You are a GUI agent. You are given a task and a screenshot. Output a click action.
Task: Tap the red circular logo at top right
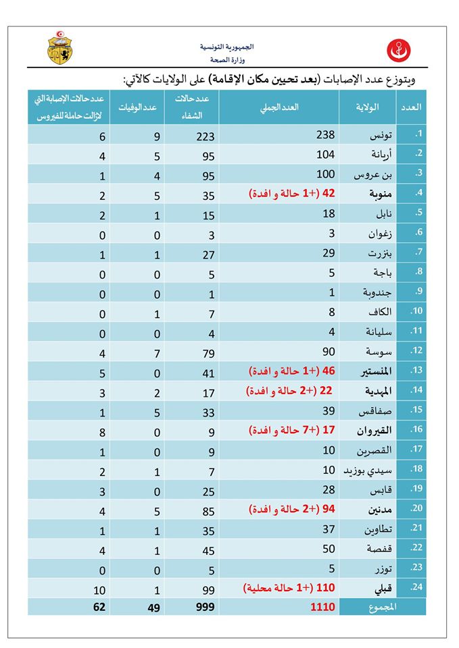[x=397, y=50]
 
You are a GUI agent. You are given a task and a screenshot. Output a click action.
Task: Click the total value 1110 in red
[x=322, y=607]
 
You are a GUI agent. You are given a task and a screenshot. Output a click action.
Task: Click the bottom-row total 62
[x=99, y=607]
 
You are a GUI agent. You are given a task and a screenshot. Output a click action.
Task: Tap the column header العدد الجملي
[x=280, y=107]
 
